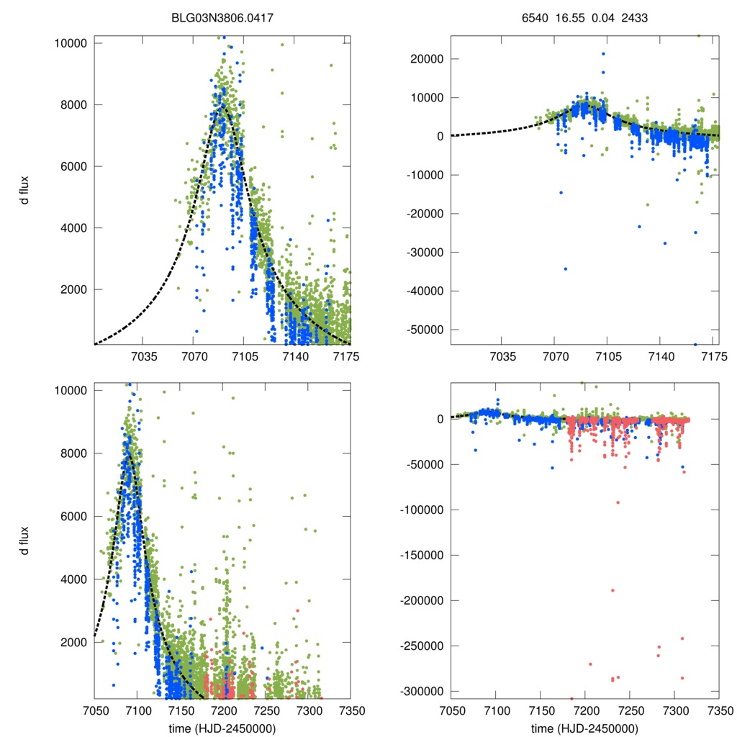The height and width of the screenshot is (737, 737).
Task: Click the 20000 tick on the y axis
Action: click(x=429, y=59)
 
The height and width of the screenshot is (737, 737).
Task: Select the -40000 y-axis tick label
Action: click(x=427, y=291)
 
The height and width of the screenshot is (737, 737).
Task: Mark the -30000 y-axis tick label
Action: click(x=427, y=252)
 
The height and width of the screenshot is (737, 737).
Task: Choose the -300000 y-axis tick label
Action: click(x=424, y=691)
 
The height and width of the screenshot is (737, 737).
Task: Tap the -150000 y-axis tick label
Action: click(x=424, y=555)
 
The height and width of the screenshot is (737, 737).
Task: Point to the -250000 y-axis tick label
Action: click(x=424, y=646)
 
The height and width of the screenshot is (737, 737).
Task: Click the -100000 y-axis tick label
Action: click(x=424, y=510)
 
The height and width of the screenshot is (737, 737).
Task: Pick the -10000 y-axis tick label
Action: click(x=427, y=175)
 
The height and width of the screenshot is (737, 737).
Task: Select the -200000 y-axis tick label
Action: click(x=424, y=600)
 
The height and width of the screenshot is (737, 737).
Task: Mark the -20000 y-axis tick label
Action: click(x=427, y=214)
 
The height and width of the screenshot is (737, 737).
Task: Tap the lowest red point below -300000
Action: click(x=572, y=699)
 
